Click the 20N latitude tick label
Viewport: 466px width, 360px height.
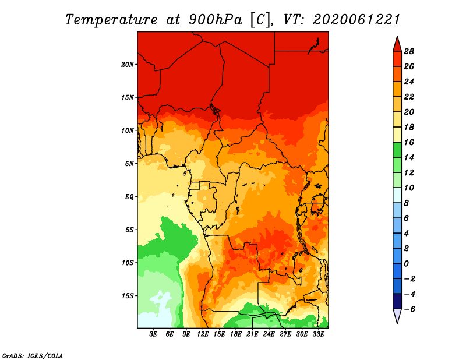[128, 65]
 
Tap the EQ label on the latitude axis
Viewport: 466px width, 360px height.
[129, 197]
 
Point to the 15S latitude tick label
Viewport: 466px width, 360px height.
[128, 296]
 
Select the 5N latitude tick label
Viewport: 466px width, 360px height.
[129, 164]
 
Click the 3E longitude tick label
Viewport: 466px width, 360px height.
[153, 334]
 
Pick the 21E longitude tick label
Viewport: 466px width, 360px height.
[252, 334]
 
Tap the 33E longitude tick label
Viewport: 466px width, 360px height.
[318, 334]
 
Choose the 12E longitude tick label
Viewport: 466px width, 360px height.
[203, 334]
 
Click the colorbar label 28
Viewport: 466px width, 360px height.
[409, 51]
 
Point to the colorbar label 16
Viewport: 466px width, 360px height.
[409, 142]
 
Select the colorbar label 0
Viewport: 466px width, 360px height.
[406, 264]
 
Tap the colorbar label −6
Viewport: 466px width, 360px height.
[409, 309]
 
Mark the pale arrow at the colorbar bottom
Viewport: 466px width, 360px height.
[397, 315]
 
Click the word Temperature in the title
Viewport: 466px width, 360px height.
[111, 20]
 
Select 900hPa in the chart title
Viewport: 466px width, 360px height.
[216, 20]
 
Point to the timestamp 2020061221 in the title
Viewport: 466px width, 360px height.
[356, 20]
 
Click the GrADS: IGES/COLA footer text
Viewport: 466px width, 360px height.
[33, 355]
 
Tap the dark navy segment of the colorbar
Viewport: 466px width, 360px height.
[397, 301]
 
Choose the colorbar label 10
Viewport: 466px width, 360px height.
[409, 188]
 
